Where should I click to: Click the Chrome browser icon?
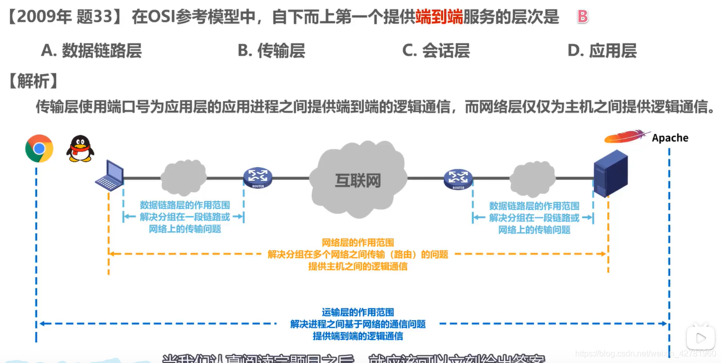(x=39, y=148)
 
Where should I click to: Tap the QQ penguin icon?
(x=80, y=148)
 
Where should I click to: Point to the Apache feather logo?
(x=627, y=137)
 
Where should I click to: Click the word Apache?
(x=670, y=138)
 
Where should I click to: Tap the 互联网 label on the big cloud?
(x=358, y=180)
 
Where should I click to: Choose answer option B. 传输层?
(x=271, y=50)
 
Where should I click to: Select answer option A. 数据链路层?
(x=91, y=50)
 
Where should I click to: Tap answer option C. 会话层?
(x=436, y=50)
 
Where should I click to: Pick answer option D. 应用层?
(x=602, y=50)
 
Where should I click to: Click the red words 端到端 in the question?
(x=439, y=18)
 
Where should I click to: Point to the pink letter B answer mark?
(x=582, y=17)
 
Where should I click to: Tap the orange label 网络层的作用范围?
(x=358, y=242)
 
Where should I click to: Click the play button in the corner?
(x=700, y=338)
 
